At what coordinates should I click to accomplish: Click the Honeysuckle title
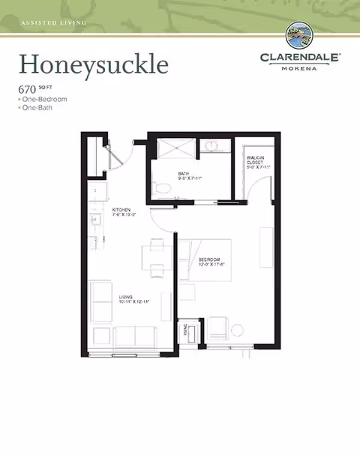coord(93,64)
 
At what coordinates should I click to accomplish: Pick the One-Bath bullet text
coord(40,108)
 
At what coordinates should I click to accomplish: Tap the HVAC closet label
coord(184,331)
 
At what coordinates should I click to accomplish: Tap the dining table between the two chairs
coord(157,257)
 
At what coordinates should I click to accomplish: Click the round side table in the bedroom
coord(236,328)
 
